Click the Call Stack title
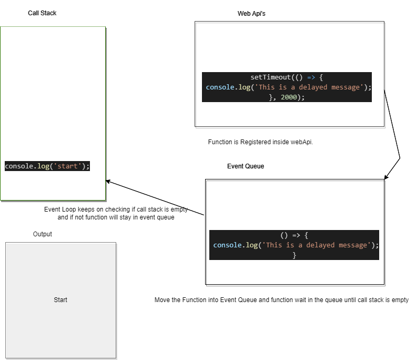(42, 13)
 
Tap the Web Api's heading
(251, 14)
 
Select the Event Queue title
(246, 166)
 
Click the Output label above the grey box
(43, 234)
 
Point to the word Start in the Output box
(60, 300)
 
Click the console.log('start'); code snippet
(47, 166)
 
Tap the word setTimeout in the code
(270, 77)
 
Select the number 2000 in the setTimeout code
(289, 97)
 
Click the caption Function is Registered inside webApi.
(260, 142)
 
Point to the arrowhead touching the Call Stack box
(107, 182)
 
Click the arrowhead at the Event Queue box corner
(385, 178)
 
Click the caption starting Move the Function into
(281, 300)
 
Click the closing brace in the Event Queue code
(295, 255)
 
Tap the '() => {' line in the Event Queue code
(295, 235)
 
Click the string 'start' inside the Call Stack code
(69, 166)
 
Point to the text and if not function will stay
(116, 217)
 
